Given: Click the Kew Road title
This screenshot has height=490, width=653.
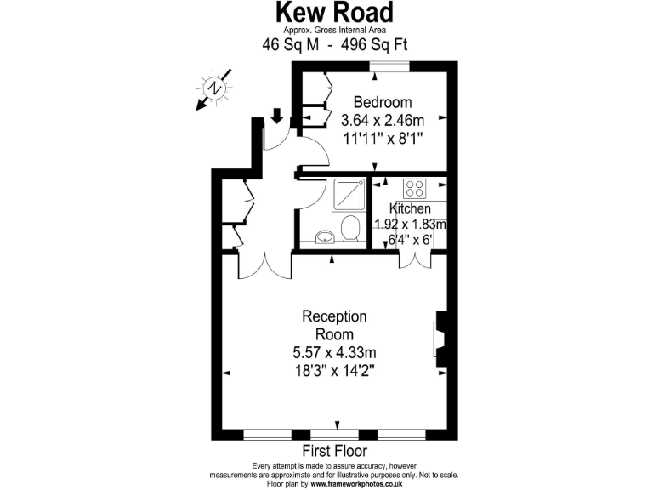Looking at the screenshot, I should click(x=333, y=14).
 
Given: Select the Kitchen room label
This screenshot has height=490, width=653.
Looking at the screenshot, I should click(x=410, y=208).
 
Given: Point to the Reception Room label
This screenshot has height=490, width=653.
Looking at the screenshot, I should click(x=334, y=325).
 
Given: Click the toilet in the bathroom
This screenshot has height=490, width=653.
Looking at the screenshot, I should click(x=349, y=228).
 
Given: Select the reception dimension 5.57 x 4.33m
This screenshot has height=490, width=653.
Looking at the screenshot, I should click(x=334, y=352).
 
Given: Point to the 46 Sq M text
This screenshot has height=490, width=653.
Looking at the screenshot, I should click(x=292, y=45).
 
